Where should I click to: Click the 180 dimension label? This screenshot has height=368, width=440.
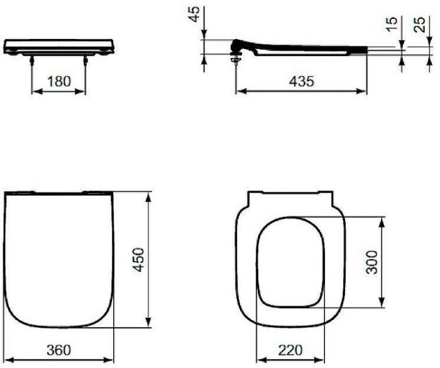tap(59, 81)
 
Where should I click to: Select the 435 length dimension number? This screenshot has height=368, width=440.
tap(301, 81)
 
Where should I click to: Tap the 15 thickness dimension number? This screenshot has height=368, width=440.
tap(393, 25)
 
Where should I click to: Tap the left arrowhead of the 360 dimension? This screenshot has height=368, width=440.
tap(8, 359)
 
